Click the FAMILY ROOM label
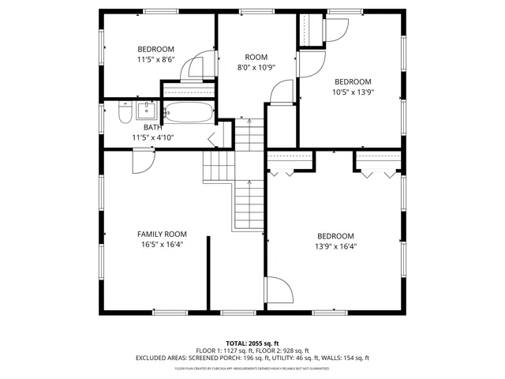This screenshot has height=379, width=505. click(x=162, y=234)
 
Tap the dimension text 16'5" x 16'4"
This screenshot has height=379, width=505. click(x=162, y=245)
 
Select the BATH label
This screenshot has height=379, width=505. click(x=152, y=127)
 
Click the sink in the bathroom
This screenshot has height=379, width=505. click(x=146, y=109)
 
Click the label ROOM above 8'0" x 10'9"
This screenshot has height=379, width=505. click(x=256, y=57)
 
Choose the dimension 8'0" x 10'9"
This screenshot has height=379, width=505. click(x=256, y=67)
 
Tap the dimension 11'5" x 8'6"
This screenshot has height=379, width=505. click(x=155, y=59)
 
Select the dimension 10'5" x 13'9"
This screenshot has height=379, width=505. click(x=352, y=92)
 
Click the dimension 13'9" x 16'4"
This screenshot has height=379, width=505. click(x=336, y=246)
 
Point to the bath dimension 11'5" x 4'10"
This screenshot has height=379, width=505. click(x=152, y=137)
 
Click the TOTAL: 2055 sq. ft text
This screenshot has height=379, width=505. click(x=252, y=343)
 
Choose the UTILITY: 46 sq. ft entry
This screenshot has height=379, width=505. click(x=296, y=358)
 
